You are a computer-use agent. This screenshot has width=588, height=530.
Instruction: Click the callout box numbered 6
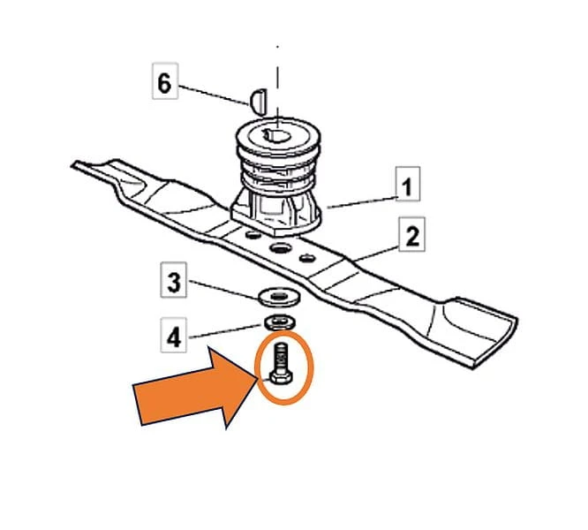(x=165, y=81)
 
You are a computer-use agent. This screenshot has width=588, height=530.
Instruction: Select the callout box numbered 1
(x=408, y=184)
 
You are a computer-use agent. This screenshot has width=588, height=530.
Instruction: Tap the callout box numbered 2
(x=411, y=234)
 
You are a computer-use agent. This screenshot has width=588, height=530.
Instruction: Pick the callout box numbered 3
(x=173, y=280)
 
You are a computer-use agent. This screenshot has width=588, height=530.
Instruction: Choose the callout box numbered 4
(x=173, y=336)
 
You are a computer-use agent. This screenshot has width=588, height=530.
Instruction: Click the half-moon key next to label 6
(x=259, y=102)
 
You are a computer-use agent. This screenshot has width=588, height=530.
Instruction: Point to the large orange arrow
(x=195, y=388)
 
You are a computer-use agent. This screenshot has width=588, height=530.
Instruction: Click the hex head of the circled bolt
(x=279, y=378)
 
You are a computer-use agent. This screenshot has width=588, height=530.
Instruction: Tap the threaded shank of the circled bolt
(x=279, y=358)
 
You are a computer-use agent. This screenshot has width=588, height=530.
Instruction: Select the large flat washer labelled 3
(x=279, y=298)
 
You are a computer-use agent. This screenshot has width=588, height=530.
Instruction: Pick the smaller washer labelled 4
(x=280, y=322)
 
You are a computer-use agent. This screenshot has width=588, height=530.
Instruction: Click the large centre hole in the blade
(x=281, y=248)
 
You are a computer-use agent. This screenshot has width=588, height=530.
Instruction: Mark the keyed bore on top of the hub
(x=276, y=135)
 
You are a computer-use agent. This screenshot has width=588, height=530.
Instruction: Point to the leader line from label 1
(x=362, y=202)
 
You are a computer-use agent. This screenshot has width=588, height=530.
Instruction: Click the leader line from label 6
(x=214, y=95)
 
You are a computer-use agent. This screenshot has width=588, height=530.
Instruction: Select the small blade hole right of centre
(x=306, y=258)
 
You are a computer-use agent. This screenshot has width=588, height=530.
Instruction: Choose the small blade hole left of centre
(x=253, y=235)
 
